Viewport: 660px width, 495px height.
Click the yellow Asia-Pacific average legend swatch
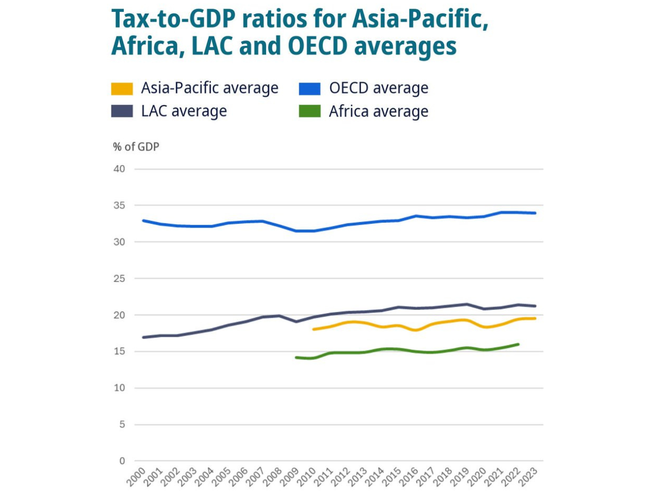(122, 89)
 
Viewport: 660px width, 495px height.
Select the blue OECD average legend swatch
(310, 89)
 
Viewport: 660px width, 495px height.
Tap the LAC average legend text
(184, 111)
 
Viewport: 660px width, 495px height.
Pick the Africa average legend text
(378, 111)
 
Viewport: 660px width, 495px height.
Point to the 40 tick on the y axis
(119, 169)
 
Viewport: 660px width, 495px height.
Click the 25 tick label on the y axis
(119, 278)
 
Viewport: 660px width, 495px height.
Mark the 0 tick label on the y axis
(122, 461)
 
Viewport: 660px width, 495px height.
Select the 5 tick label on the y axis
(122, 424)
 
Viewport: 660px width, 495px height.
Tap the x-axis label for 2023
(529, 477)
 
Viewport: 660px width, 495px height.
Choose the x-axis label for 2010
(307, 477)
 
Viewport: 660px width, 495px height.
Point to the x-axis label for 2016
(409, 477)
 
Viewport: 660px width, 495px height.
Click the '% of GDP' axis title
(136, 147)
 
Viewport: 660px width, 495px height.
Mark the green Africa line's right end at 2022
(518, 344)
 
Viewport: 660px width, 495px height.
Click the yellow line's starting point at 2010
(313, 329)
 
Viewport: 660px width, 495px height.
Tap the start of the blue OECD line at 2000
(143, 221)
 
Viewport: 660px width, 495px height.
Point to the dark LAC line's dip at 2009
(296, 321)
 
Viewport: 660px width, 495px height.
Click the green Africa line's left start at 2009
(296, 357)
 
